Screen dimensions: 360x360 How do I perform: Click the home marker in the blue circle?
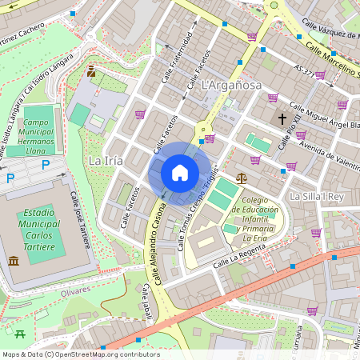[x=180, y=173]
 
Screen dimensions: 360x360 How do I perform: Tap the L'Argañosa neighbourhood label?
[x=232, y=85]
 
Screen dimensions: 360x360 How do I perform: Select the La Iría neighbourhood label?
[x=105, y=161]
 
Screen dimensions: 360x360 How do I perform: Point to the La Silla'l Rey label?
[x=316, y=196]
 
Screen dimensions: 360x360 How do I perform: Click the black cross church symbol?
[x=282, y=119]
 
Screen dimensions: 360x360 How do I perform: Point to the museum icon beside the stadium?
[x=14, y=261]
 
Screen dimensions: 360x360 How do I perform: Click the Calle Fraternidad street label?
[x=178, y=52]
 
